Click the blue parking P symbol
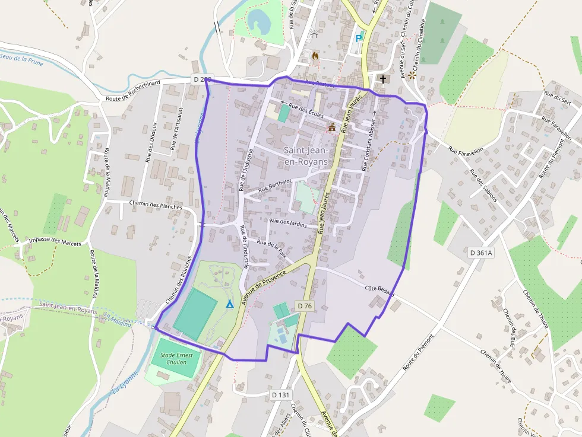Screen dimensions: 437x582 (x=358, y=38)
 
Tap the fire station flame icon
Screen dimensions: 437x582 (x=315, y=55)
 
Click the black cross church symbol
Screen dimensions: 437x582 (x=383, y=78)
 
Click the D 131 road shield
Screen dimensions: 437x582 (x=280, y=394)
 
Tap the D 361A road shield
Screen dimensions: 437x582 (x=481, y=253)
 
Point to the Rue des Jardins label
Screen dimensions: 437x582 (x=288, y=222)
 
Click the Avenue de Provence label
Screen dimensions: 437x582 (x=266, y=280)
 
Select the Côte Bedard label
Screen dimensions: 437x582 (x=380, y=292)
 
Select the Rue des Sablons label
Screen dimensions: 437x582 (x=482, y=185)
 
